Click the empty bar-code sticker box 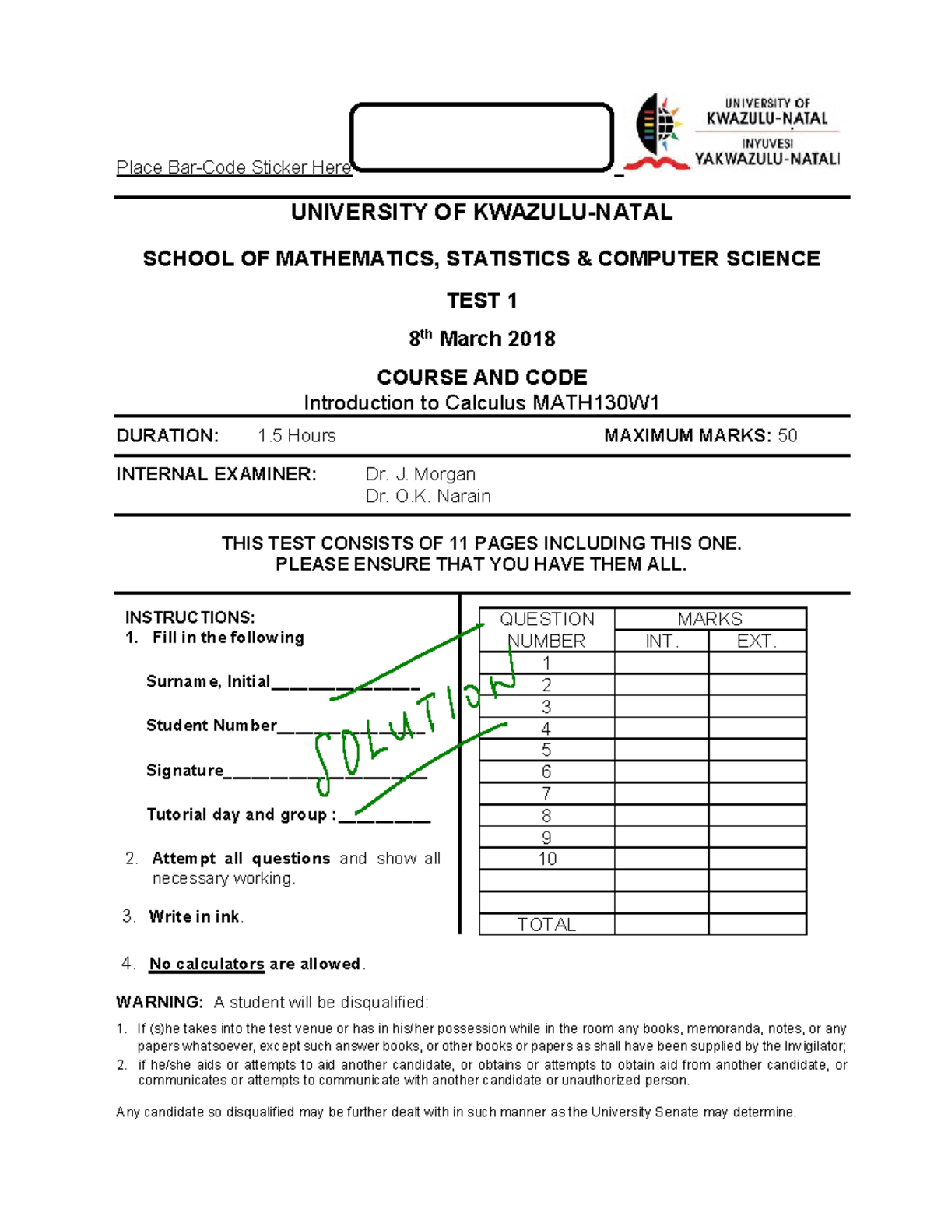pyautogui.click(x=482, y=137)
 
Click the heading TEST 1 pyautogui.click(x=482, y=300)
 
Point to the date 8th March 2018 pyautogui.click(x=482, y=339)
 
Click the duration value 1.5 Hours pyautogui.click(x=297, y=436)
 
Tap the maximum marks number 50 pyautogui.click(x=787, y=436)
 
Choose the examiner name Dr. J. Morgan pyautogui.click(x=420, y=474)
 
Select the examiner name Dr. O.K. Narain pyautogui.click(x=428, y=496)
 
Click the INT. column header pyautogui.click(x=662, y=641)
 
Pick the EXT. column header pyautogui.click(x=757, y=641)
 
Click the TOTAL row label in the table pyautogui.click(x=546, y=924)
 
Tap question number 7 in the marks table pyautogui.click(x=546, y=793)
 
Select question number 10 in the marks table pyautogui.click(x=547, y=859)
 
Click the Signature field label pyautogui.click(x=185, y=770)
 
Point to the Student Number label pyautogui.click(x=211, y=726)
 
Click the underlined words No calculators pyautogui.click(x=207, y=964)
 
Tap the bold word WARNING pyautogui.click(x=160, y=1002)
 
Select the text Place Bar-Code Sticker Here pyautogui.click(x=233, y=167)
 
